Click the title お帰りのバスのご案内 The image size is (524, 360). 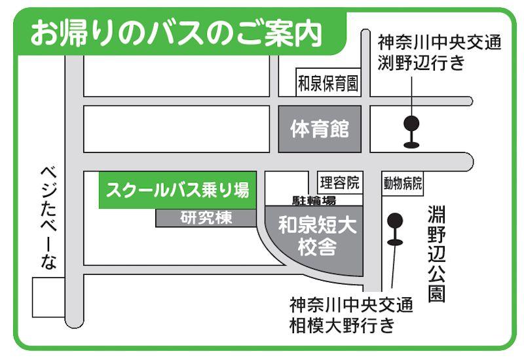click(x=176, y=33)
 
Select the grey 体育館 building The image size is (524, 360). click(x=320, y=129)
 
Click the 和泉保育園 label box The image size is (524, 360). click(x=328, y=84)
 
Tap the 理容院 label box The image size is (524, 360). click(x=340, y=181)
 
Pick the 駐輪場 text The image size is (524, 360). click(x=314, y=200)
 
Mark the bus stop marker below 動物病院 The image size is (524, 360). click(x=394, y=229)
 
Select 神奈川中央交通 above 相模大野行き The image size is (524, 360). click(x=351, y=305)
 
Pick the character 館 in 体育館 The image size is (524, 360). click(x=338, y=129)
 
